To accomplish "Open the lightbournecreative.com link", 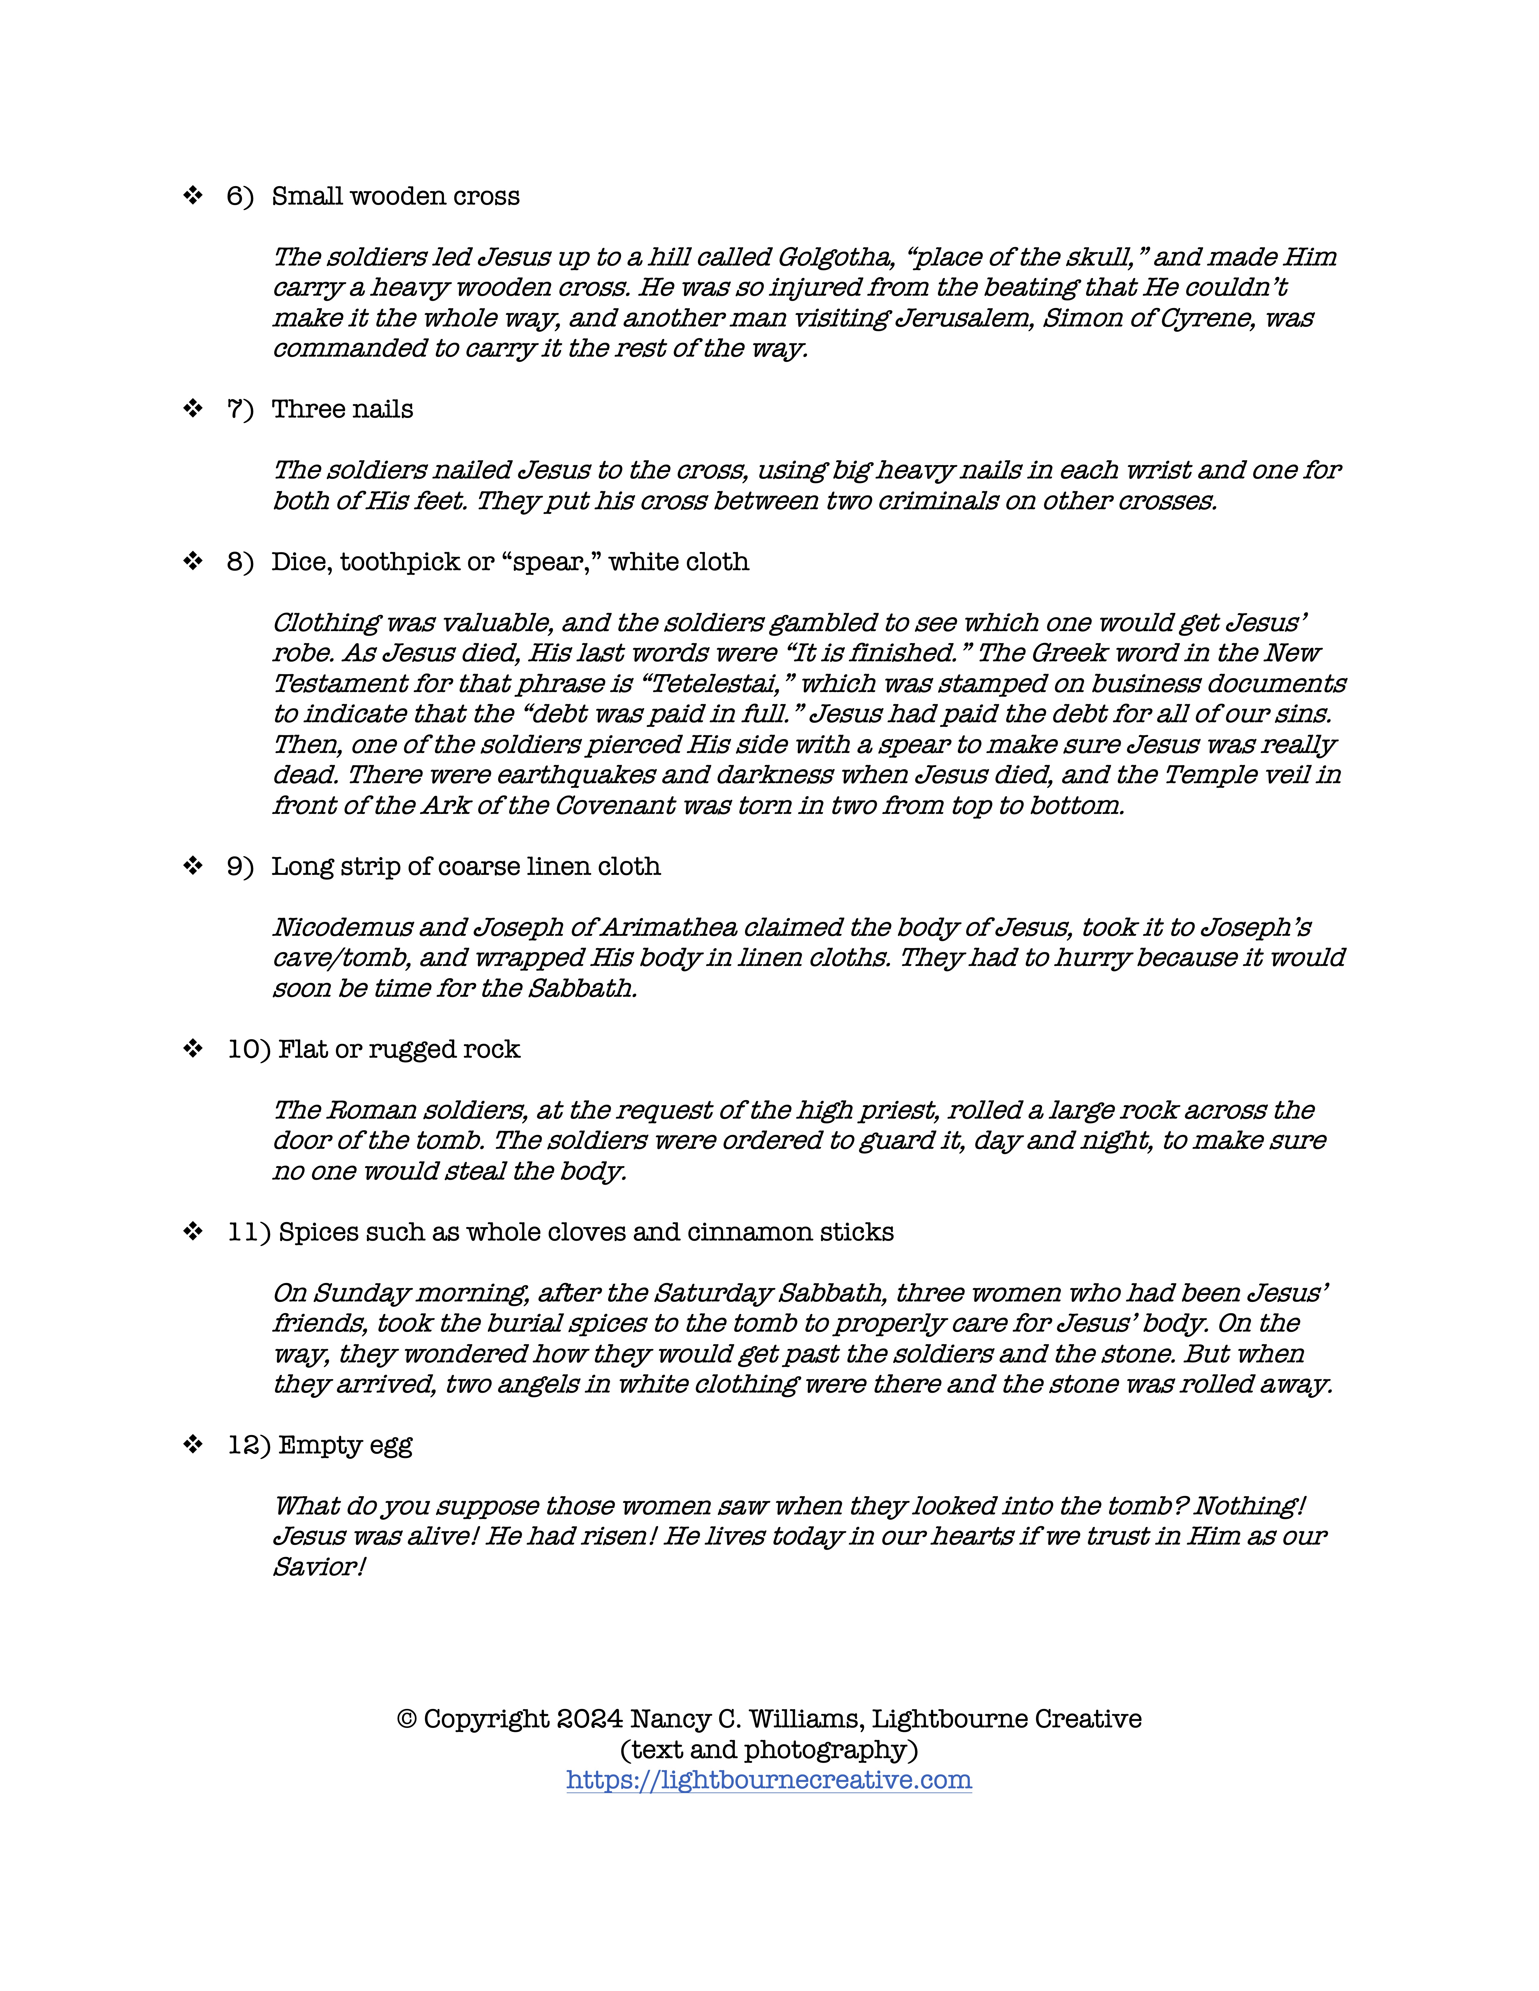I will (x=769, y=1780).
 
